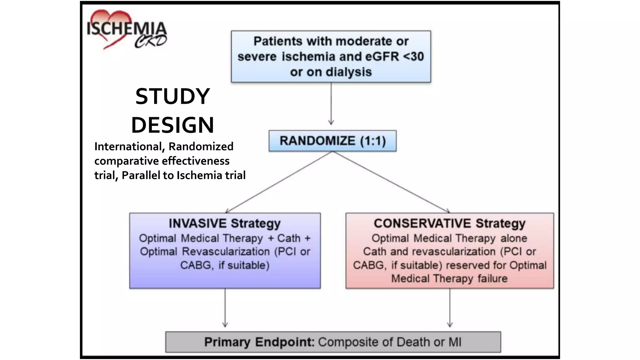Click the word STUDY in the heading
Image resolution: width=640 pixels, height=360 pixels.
[172, 96]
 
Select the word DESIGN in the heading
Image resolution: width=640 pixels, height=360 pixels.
[172, 125]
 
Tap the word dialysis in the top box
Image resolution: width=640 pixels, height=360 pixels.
[349, 72]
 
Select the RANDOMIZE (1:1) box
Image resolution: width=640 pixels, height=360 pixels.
[332, 141]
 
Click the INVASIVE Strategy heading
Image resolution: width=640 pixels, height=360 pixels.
[225, 223]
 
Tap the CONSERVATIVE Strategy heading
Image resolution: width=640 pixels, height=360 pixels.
[449, 223]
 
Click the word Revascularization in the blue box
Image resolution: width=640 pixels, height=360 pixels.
[226, 252]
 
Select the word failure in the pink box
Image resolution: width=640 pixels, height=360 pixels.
[492, 278]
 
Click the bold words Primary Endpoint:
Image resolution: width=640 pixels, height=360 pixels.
[259, 342]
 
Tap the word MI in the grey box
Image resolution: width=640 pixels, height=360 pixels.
[455, 342]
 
